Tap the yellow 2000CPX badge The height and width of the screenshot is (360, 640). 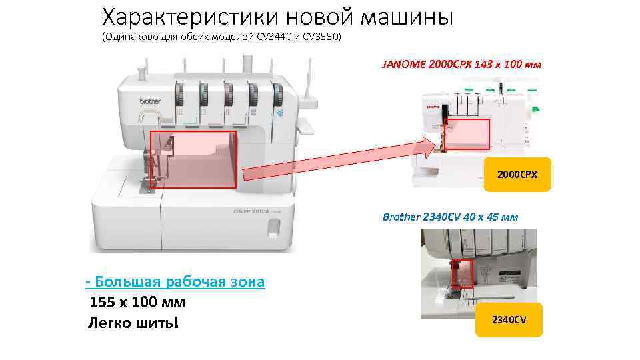click(x=518, y=175)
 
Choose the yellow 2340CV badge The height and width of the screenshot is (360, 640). click(x=509, y=320)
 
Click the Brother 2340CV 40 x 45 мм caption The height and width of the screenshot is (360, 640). click(x=450, y=217)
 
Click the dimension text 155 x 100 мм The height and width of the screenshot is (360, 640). click(x=137, y=302)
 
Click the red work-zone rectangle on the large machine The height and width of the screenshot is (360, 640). click(x=193, y=159)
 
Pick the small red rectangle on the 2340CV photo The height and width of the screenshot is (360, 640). click(x=461, y=274)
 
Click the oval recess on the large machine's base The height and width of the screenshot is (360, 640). click(x=273, y=229)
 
